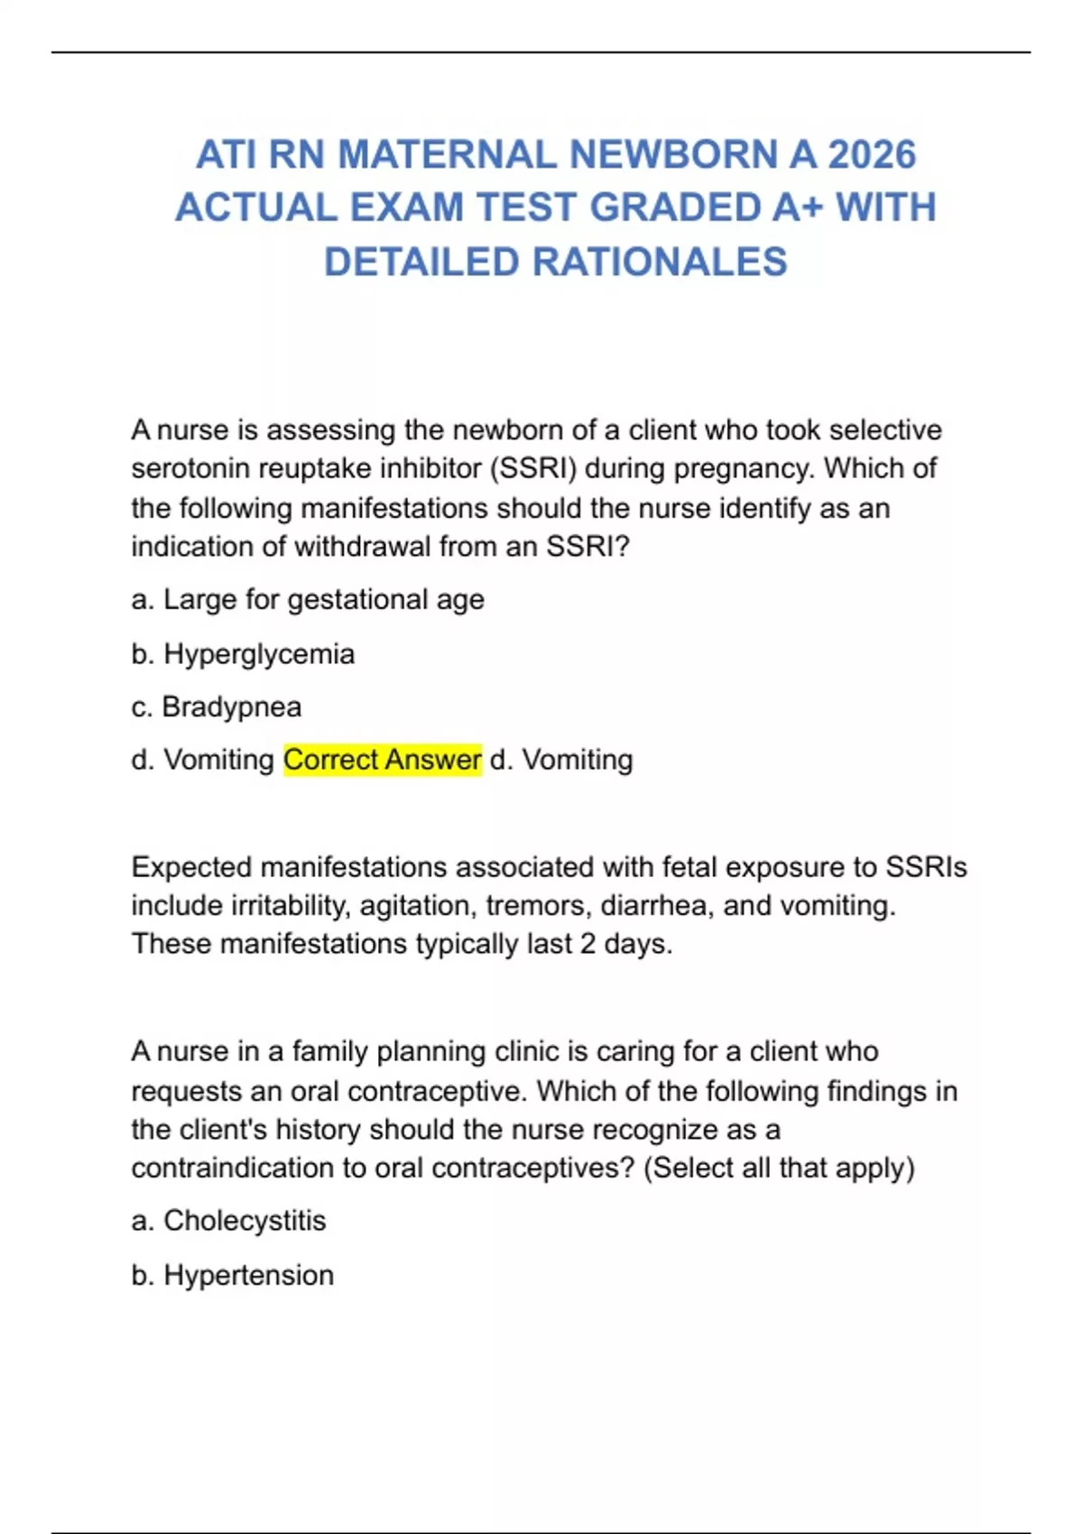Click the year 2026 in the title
tap(872, 155)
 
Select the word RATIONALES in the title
tap(659, 262)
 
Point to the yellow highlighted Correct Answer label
tap(383, 760)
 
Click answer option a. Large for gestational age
tap(308, 600)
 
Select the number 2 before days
tap(588, 944)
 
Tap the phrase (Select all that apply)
tap(780, 1168)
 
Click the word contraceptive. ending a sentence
tap(437, 1092)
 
